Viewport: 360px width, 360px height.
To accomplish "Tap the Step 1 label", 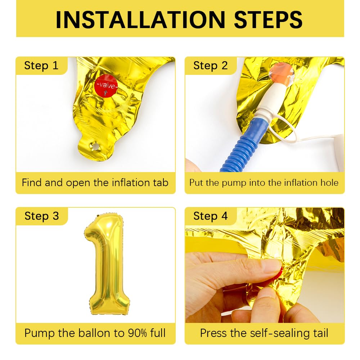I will [x=41, y=66].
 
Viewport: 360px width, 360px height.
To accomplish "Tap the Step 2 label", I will [x=210, y=66].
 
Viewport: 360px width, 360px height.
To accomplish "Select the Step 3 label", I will [x=41, y=216].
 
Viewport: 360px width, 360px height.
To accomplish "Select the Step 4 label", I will [x=210, y=216].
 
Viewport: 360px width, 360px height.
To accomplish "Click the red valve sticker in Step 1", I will [x=106, y=86].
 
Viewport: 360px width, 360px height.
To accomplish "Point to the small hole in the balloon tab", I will [x=95, y=147].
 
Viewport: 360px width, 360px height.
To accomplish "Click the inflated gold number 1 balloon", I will [x=106, y=263].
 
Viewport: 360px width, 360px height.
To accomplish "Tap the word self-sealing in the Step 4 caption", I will [x=269, y=333].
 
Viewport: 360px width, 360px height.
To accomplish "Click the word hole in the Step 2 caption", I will [x=329, y=183].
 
